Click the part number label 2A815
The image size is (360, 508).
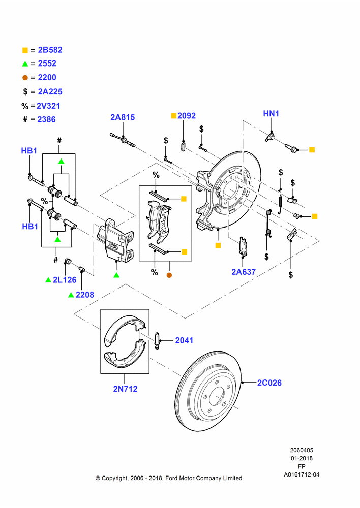[123, 117]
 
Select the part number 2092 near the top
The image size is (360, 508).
[187, 116]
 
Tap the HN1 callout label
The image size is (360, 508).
[271, 114]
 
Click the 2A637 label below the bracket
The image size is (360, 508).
[244, 272]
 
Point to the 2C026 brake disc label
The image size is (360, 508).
[269, 383]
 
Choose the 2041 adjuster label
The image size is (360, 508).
[184, 340]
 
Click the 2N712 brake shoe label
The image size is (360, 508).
[125, 389]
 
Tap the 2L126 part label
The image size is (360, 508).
[65, 280]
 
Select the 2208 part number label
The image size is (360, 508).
[84, 295]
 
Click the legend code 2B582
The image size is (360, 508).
[50, 50]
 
